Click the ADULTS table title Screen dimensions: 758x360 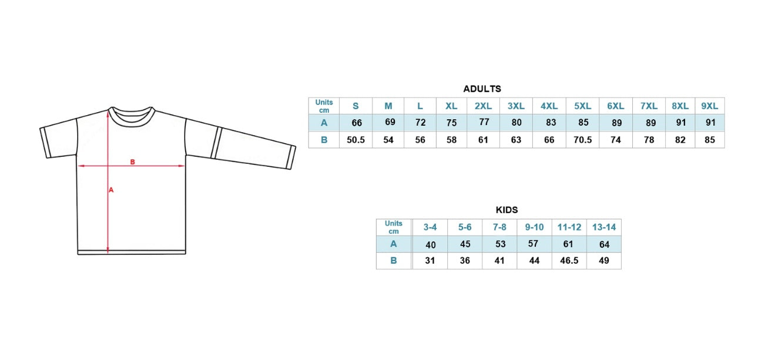pos(482,89)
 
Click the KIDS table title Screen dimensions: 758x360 pos(507,210)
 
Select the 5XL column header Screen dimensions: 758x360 pos(582,106)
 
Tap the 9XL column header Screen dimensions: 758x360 pos(709,106)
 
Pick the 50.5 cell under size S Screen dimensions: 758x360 pos(355,140)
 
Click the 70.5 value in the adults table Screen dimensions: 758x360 pos(582,140)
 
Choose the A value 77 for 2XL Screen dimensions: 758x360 pos(484,122)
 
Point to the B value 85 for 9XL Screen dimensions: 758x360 pos(709,140)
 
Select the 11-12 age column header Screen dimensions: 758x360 pos(569,227)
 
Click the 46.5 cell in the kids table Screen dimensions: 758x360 pos(569,261)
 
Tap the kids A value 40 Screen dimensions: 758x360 pos(431,245)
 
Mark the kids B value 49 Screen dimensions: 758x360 pos(603,261)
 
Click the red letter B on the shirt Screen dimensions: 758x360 pos(133,162)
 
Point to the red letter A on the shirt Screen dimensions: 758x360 pos(111,190)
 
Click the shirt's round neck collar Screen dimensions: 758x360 pos(132,116)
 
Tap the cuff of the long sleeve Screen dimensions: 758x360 pos(291,157)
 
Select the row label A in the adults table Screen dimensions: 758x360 pos(324,123)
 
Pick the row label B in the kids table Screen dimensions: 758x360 pos(393,261)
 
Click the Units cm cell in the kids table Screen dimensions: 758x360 pos(393,227)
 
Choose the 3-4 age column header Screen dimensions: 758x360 pos(430,227)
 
